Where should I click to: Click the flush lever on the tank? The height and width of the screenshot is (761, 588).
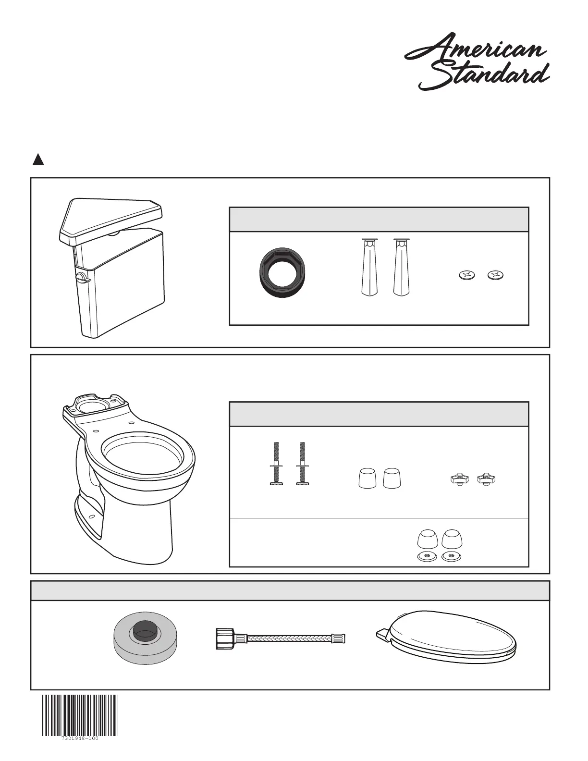pos(82,277)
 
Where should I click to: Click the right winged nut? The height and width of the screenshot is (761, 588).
pos(486,479)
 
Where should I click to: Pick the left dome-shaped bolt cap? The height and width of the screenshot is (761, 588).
pos(428,540)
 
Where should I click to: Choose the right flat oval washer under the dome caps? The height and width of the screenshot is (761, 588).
pos(451,556)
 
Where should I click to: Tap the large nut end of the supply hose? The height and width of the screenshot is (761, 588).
pos(225,638)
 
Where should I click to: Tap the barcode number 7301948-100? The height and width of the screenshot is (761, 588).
pos(80,751)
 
